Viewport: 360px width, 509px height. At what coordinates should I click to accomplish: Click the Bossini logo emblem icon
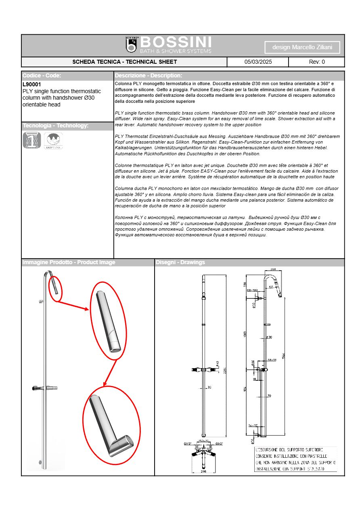131,45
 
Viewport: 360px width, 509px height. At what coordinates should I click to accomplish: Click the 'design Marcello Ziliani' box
302,47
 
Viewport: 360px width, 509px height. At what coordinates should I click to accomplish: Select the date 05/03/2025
258,62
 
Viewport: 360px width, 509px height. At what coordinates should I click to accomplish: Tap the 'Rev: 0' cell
316,62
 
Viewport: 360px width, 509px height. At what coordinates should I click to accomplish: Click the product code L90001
32,85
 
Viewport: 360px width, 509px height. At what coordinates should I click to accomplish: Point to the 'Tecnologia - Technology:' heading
55,126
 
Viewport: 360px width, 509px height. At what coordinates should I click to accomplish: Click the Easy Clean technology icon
53,141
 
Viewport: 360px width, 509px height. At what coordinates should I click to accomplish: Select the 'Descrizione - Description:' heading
149,75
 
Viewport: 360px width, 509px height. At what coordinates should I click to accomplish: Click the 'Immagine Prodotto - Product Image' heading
69,263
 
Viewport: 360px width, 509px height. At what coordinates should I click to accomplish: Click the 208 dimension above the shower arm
273,269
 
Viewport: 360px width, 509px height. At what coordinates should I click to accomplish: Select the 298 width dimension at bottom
203,471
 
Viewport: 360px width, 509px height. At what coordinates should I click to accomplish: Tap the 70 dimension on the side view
269,396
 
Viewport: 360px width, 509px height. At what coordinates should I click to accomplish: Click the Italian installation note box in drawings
295,459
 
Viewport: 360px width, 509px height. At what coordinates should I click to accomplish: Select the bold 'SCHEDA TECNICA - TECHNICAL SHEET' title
124,62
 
